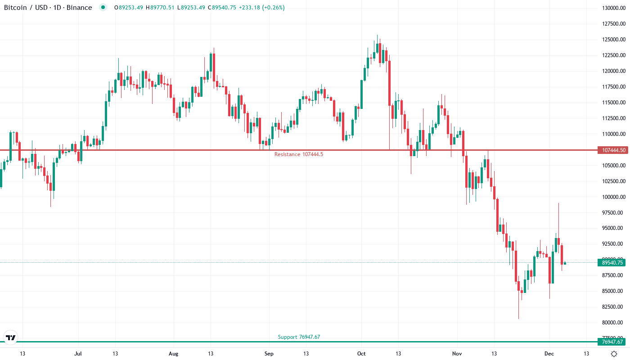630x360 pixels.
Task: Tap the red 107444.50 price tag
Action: click(x=611, y=150)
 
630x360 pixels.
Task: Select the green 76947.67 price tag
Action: click(x=611, y=342)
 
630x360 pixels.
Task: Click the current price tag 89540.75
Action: click(x=611, y=263)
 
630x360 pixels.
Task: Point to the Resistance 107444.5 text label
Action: click(x=298, y=154)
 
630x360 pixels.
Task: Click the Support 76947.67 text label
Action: click(x=299, y=337)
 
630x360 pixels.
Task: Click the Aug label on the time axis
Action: click(x=173, y=354)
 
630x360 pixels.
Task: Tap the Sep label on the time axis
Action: click(x=269, y=354)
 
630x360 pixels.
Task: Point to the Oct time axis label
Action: click(x=361, y=354)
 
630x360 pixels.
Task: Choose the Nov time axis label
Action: click(x=457, y=354)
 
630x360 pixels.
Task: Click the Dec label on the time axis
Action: click(x=549, y=354)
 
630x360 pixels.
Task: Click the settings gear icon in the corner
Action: click(x=614, y=354)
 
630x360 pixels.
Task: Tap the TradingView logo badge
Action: click(x=10, y=337)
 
